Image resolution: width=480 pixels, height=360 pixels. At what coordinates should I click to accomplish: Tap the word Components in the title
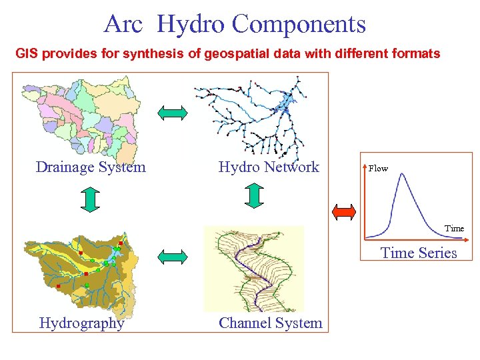(299, 25)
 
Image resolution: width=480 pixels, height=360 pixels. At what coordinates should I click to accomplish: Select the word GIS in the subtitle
(28, 53)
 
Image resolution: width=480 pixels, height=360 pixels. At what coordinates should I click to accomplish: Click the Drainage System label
(91, 167)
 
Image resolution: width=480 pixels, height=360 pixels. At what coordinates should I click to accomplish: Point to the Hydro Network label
(269, 167)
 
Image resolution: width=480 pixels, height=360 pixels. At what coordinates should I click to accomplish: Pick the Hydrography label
(81, 323)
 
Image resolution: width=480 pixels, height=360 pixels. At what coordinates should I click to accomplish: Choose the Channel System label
(270, 323)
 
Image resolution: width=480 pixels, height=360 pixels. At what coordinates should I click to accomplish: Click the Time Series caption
(419, 253)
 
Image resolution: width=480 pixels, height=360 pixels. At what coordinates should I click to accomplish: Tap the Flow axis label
(378, 169)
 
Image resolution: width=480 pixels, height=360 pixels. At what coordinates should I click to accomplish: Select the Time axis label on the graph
(454, 229)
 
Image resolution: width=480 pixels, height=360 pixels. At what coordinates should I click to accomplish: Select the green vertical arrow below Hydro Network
(254, 195)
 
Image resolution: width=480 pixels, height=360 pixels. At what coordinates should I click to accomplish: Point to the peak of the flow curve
(401, 175)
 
